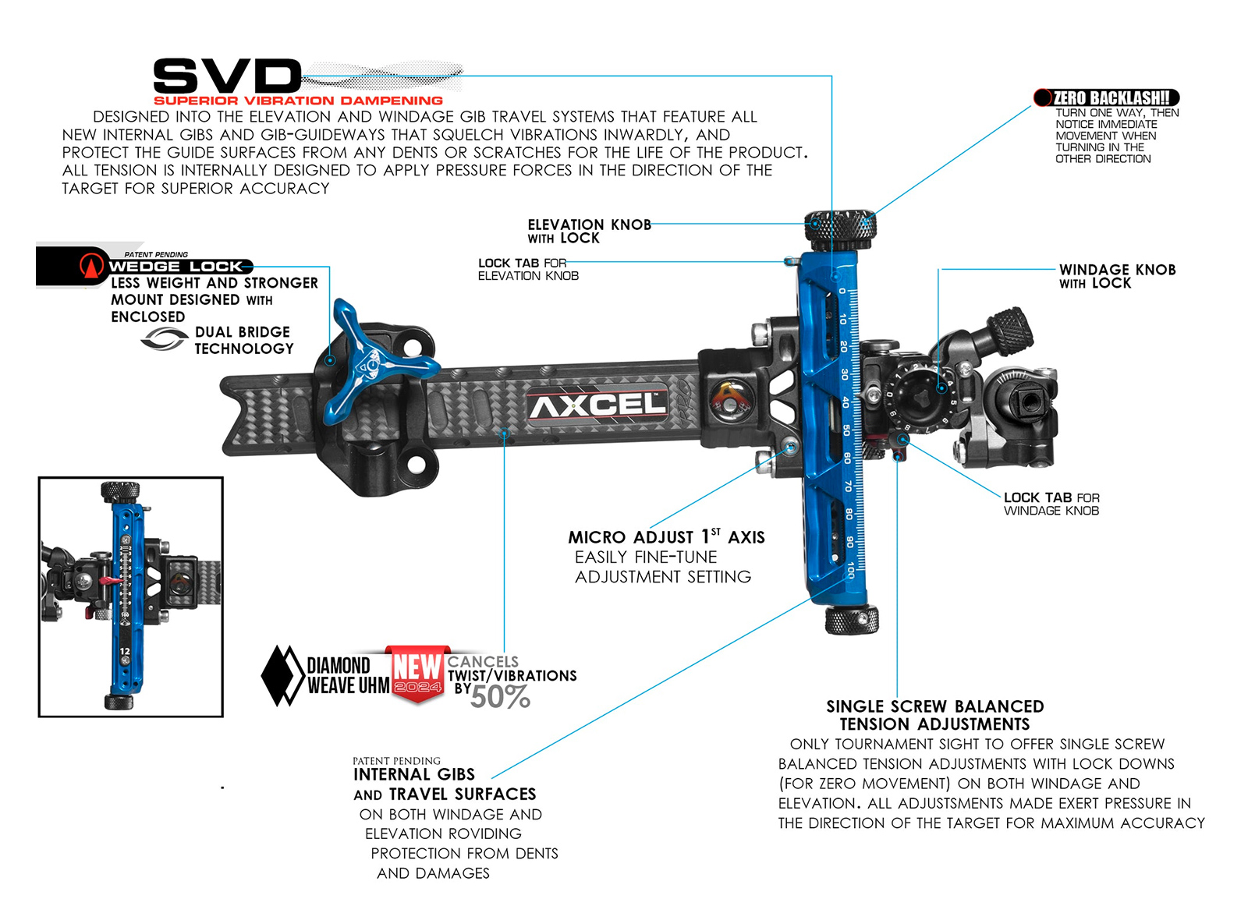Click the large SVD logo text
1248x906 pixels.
click(227, 76)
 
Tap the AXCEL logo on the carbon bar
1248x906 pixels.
click(597, 405)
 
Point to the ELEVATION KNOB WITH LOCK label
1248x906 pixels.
click(590, 231)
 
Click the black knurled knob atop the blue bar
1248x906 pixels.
click(839, 230)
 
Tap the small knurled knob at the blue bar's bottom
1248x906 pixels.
click(851, 620)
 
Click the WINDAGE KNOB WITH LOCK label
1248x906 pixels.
click(1117, 276)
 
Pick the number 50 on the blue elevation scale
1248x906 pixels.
click(846, 430)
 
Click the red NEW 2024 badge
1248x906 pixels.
click(417, 673)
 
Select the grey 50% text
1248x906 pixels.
click(500, 697)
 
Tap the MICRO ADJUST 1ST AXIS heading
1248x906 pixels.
click(666, 537)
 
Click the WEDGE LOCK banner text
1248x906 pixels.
click(176, 267)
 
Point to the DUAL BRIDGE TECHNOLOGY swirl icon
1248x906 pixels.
click(165, 339)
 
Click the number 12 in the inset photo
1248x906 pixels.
click(125, 651)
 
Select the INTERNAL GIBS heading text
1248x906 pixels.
click(414, 774)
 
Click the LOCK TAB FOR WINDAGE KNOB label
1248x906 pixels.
click(1051, 504)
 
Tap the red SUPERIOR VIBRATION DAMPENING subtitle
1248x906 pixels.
click(298, 101)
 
